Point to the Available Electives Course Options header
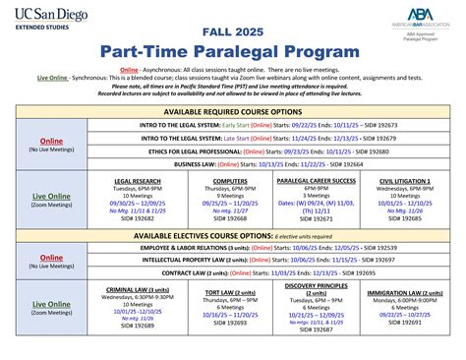[x=232, y=237]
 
